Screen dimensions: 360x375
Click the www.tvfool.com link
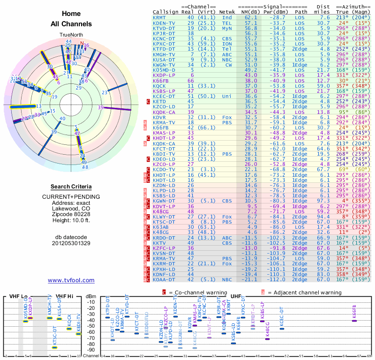pos(71,280)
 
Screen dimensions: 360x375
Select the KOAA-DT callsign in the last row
pos(164,279)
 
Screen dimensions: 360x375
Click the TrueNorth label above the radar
pos(71,35)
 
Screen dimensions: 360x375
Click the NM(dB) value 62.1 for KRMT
pos(251,17)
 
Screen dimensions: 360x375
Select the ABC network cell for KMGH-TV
pos(227,54)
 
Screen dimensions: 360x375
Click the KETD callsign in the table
pos(159,101)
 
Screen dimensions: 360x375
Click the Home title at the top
pos(71,14)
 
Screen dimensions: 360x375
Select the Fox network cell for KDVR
pos(227,117)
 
